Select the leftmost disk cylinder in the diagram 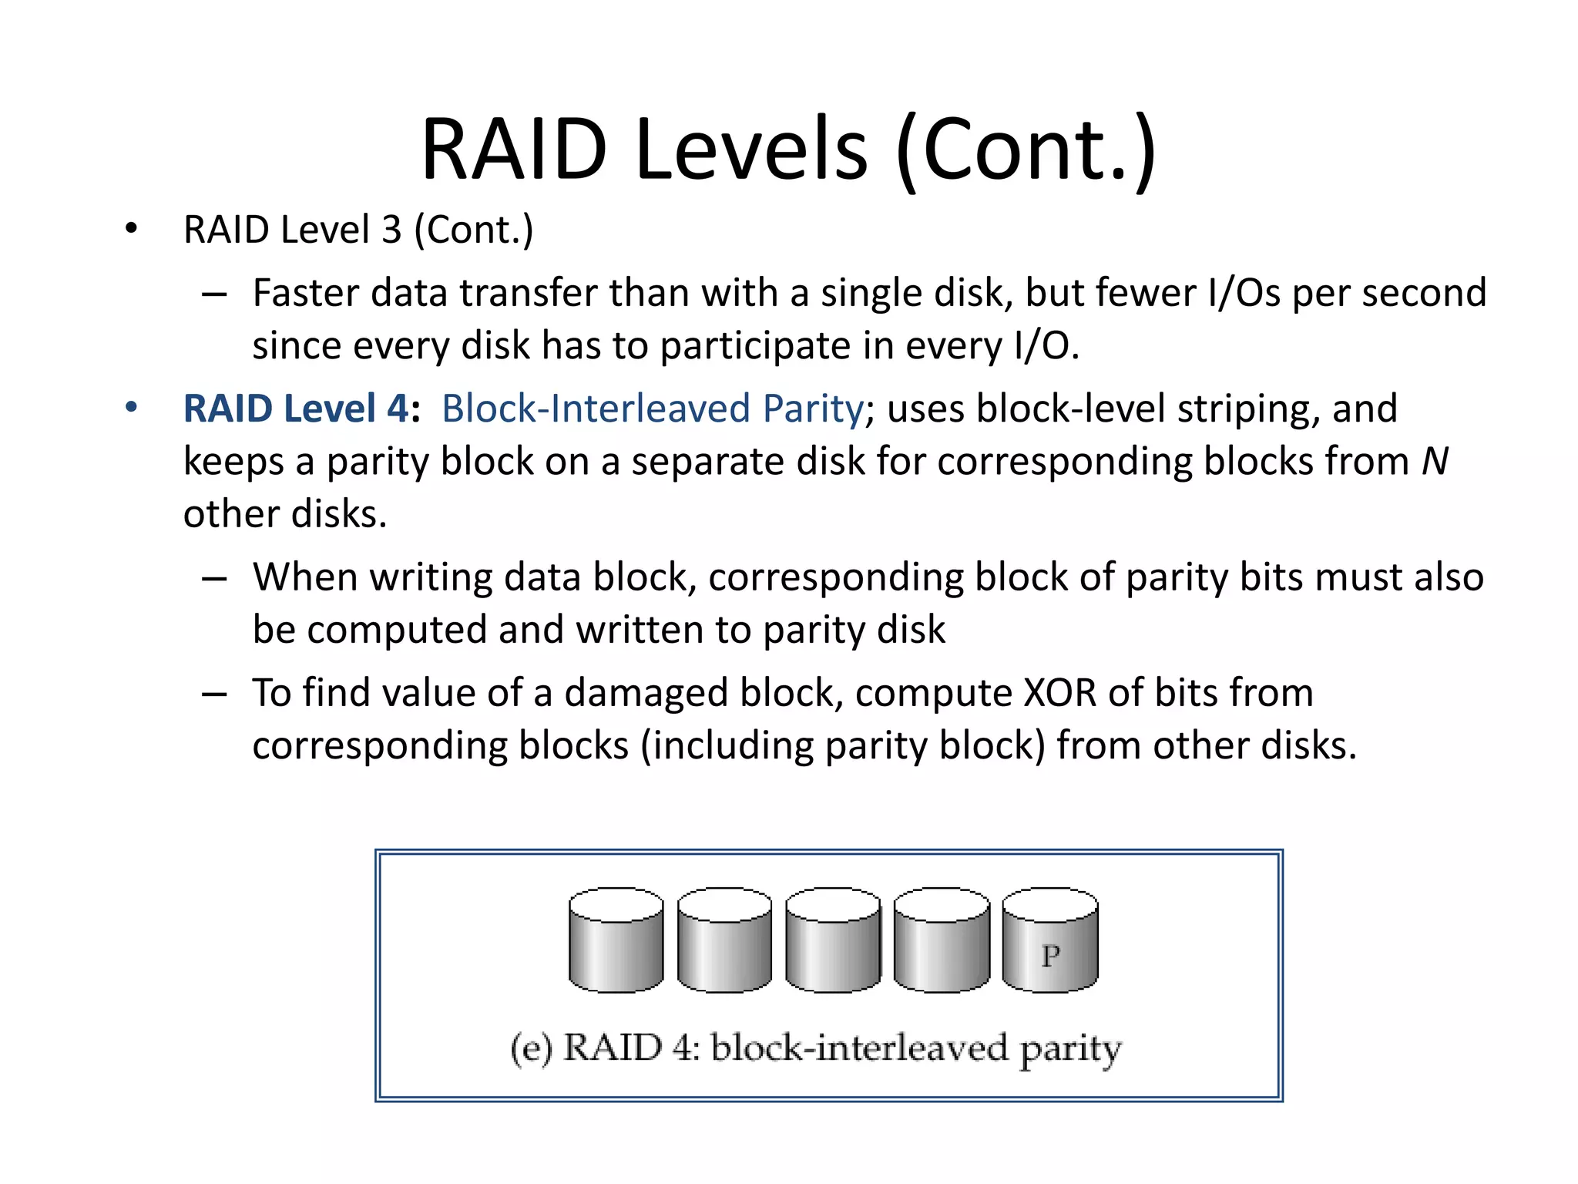click(616, 940)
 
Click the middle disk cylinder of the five click(833, 940)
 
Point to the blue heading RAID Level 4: click(301, 409)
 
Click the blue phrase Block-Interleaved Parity click(652, 409)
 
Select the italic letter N click(1434, 462)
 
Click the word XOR click(1059, 692)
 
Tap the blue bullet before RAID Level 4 click(132, 407)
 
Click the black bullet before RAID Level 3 click(132, 229)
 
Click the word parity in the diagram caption click(1071, 1050)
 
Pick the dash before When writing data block click(213, 578)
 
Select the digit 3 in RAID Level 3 click(391, 230)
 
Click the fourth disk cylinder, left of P click(942, 940)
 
